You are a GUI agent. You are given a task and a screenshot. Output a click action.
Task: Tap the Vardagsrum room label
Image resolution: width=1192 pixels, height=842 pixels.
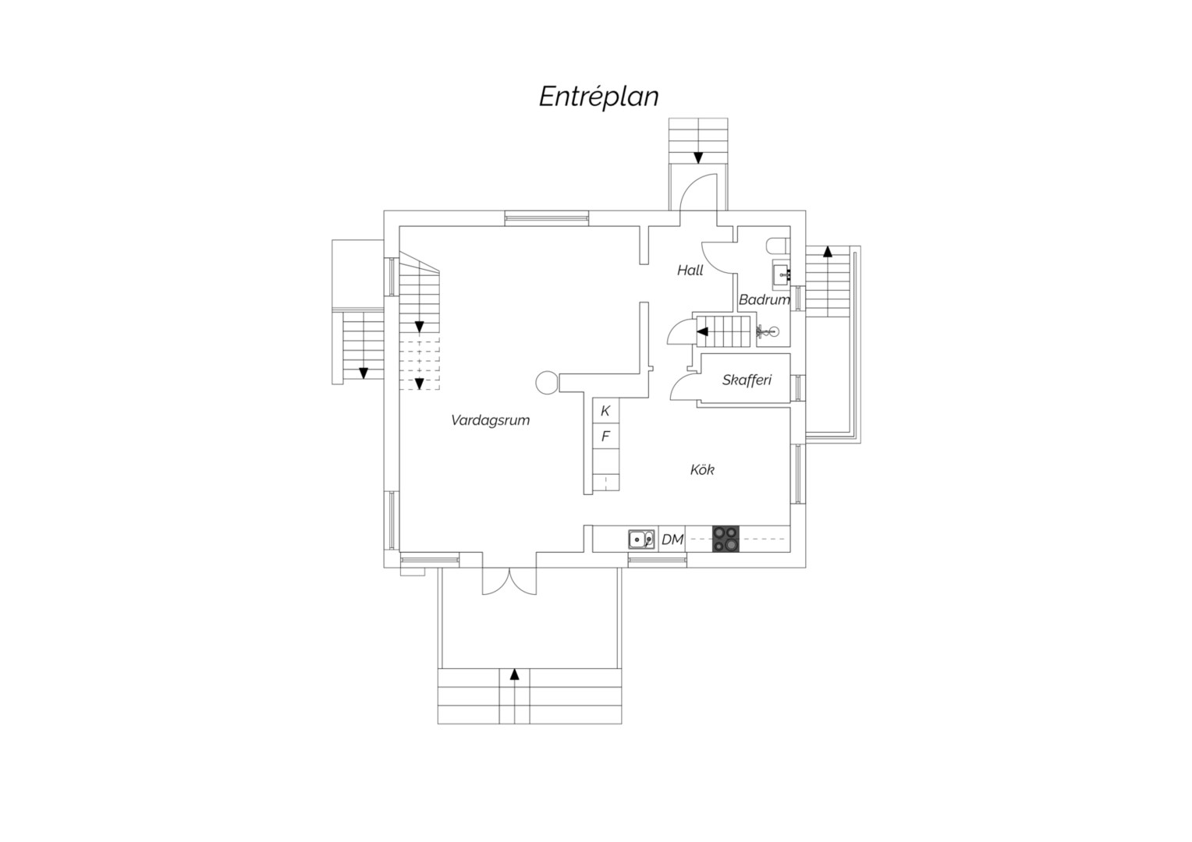[x=490, y=421]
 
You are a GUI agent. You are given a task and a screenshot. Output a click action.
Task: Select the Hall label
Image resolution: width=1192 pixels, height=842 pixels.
[x=690, y=271]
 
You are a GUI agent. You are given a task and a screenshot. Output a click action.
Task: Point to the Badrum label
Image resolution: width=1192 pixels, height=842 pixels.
[x=765, y=299]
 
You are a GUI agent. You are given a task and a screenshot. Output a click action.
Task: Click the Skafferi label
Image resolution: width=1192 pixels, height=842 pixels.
[x=747, y=380]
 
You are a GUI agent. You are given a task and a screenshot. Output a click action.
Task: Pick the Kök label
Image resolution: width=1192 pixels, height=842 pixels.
[x=702, y=469]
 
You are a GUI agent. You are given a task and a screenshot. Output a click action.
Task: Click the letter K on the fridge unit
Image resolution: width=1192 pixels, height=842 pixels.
[x=605, y=411]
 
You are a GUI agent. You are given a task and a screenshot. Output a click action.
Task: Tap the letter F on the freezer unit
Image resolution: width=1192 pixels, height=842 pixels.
[x=605, y=437]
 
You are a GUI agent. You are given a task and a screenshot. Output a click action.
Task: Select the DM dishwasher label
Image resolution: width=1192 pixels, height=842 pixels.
[x=672, y=540]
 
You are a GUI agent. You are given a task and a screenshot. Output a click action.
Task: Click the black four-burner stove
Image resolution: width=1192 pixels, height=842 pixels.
[x=725, y=539]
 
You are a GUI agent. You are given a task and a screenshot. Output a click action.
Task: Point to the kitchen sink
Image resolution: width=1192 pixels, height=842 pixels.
[x=641, y=540]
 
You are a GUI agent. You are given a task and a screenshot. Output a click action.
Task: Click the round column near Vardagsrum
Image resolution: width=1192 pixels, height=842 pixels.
[x=547, y=383]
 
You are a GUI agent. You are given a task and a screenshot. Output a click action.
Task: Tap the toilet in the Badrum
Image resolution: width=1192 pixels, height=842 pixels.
[x=778, y=246]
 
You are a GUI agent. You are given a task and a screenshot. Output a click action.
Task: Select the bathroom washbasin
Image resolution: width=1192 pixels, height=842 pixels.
[x=781, y=274]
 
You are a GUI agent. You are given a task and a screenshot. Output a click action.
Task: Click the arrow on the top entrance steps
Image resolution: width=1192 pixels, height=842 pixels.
[x=697, y=158]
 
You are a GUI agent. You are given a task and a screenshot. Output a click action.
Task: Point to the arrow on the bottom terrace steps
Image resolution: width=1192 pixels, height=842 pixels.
[x=514, y=674]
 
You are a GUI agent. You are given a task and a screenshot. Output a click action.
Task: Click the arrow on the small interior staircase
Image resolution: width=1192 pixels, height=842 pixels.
[x=702, y=332]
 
